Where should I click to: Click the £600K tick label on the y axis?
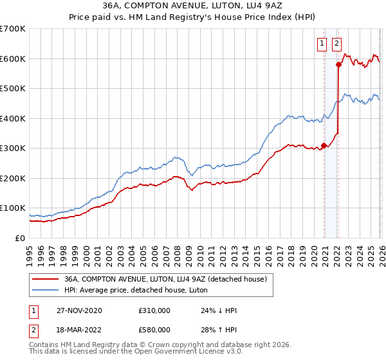13,59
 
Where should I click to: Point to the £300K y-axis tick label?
13,148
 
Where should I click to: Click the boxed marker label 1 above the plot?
322,44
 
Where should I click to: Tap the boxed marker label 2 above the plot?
336,44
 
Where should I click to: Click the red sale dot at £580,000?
338,64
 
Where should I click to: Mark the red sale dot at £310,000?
324,145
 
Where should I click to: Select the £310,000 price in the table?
154,310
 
